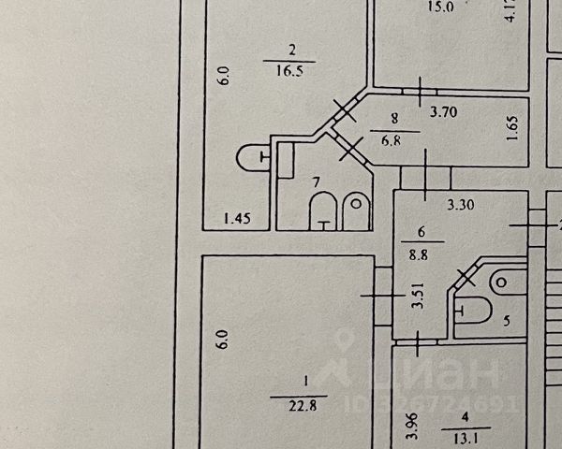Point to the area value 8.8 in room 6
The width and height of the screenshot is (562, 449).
pyautogui.click(x=421, y=253)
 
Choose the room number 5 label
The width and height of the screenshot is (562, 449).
pyautogui.click(x=507, y=321)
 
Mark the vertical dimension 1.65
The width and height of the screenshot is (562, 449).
pyautogui.click(x=512, y=127)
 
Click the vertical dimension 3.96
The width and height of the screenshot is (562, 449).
pyautogui.click(x=408, y=427)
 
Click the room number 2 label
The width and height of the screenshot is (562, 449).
pyautogui.click(x=292, y=51)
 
